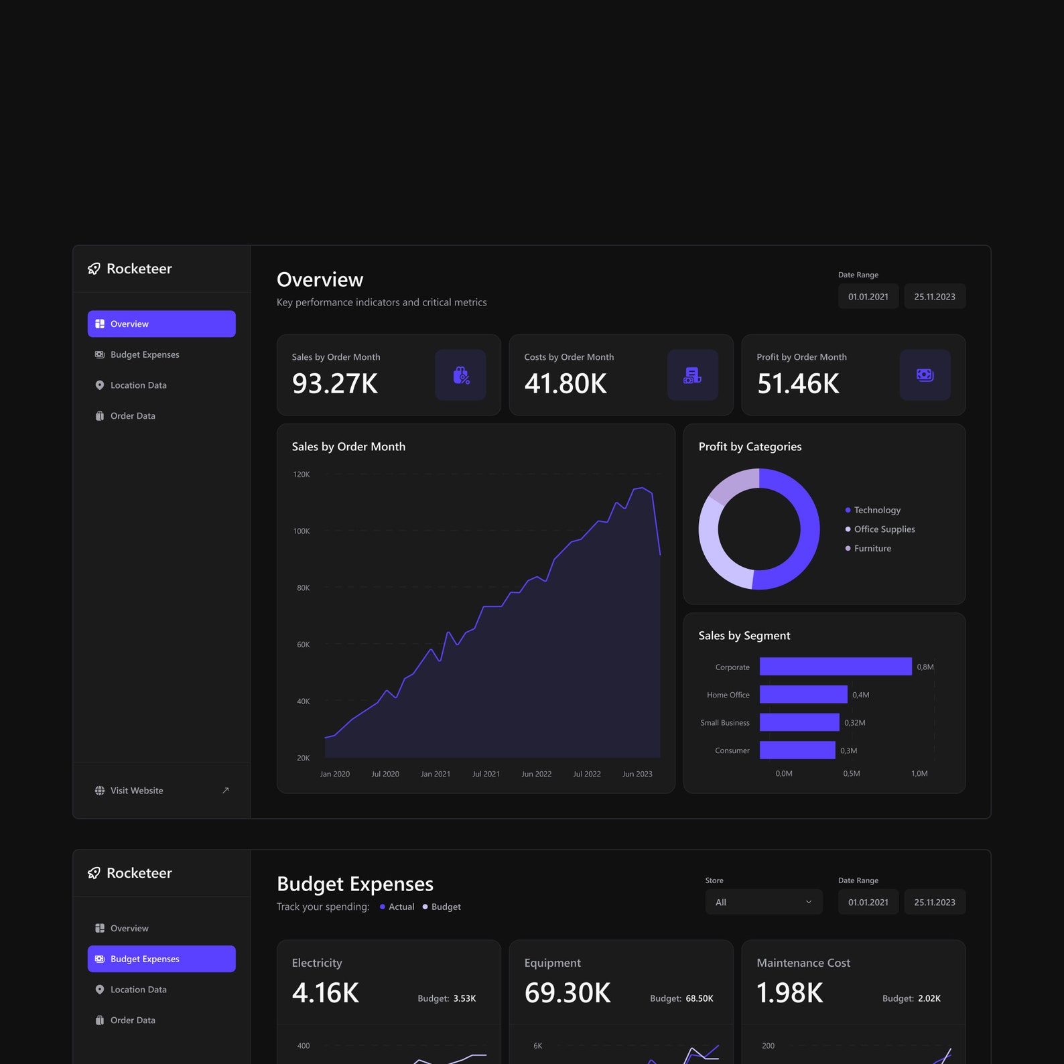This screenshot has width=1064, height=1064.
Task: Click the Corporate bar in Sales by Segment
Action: point(835,667)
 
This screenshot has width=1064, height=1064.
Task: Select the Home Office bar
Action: point(803,695)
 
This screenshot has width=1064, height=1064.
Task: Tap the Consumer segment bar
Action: point(797,750)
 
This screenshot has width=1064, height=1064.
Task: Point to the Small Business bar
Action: point(799,722)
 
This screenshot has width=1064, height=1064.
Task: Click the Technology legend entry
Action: point(876,510)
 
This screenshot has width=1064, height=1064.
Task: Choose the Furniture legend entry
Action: point(872,548)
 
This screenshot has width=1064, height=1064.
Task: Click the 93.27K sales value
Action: point(335,384)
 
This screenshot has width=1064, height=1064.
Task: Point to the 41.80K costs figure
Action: point(566,384)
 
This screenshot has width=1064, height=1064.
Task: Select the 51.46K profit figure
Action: point(798,384)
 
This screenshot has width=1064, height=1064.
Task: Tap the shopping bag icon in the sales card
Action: point(460,375)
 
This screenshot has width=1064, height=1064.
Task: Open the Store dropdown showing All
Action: point(763,903)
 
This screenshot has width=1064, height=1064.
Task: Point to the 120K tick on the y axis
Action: point(302,474)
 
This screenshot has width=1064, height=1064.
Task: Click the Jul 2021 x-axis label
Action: point(486,774)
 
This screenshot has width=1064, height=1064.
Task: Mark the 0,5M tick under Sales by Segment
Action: point(852,773)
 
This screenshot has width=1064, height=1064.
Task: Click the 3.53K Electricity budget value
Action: point(464,998)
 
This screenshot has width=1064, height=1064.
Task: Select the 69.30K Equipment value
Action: point(568,993)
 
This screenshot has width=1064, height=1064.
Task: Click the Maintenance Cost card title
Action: point(803,963)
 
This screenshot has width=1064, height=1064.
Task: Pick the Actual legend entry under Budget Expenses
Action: point(401,907)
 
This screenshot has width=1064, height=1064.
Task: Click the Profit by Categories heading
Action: point(750,447)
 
